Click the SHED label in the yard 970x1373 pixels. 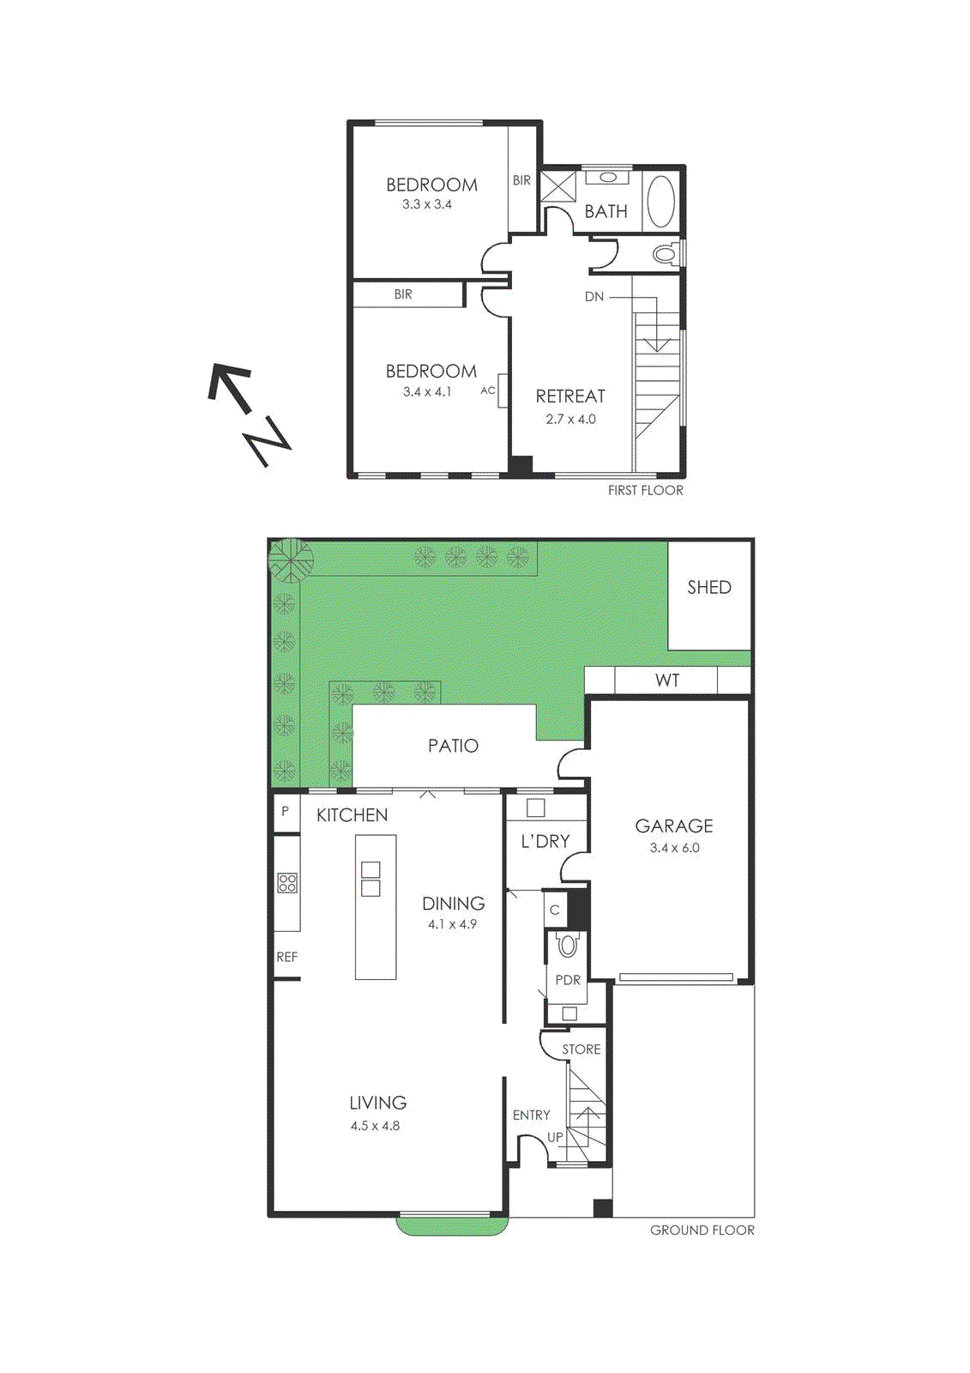click(708, 588)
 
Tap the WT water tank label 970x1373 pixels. click(667, 680)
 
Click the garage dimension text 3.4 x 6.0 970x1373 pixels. click(674, 848)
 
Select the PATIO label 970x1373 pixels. click(453, 746)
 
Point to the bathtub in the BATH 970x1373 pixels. click(660, 201)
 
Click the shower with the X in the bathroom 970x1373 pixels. click(558, 186)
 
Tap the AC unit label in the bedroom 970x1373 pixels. click(488, 390)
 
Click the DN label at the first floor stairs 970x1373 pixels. click(594, 297)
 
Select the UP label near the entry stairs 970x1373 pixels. click(555, 1137)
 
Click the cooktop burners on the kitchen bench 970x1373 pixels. click(287, 883)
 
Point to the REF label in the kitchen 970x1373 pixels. click(286, 957)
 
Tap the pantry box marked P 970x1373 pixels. click(286, 811)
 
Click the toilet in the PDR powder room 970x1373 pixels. click(568, 946)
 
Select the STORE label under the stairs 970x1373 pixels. click(581, 1049)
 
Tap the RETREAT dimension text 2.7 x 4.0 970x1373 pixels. click(570, 420)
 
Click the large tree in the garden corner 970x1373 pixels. click(290, 560)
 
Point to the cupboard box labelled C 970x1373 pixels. click(555, 910)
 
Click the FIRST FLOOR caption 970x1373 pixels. click(645, 491)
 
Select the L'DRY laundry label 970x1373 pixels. click(545, 842)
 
